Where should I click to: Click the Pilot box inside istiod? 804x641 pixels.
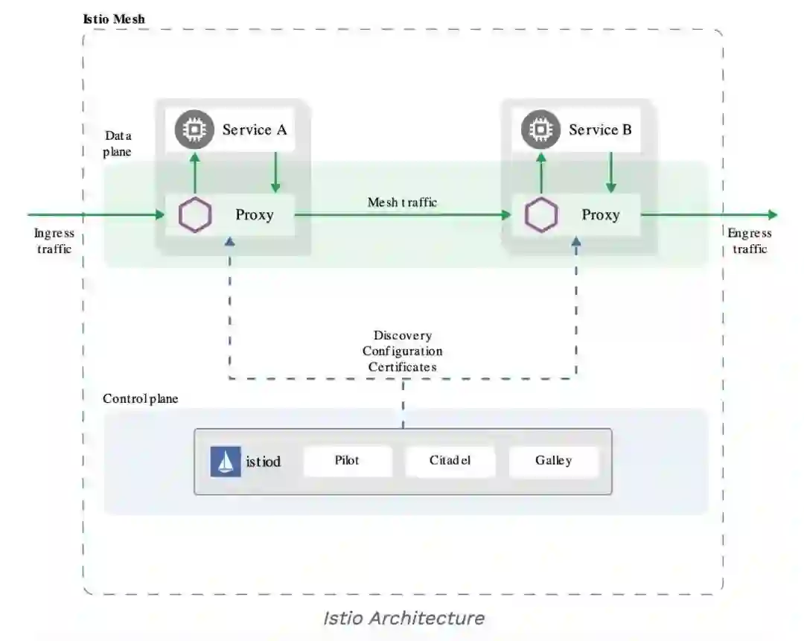point(347,461)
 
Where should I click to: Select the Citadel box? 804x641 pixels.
point(450,461)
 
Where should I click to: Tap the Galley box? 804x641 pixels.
point(553,461)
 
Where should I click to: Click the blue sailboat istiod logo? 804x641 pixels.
point(225,462)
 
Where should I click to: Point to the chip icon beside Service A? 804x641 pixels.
point(194,130)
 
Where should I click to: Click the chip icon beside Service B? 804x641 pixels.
point(540,130)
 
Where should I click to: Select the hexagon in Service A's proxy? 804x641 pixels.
point(195,215)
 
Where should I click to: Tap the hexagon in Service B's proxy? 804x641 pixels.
point(541,215)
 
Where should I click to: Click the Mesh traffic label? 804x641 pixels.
point(402,202)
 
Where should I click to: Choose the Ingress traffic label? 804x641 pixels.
point(54,241)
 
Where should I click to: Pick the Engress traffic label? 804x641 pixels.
point(750,241)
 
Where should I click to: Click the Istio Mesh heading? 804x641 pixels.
point(114,18)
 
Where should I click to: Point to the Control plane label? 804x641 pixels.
point(141,399)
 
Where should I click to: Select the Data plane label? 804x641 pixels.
point(118,144)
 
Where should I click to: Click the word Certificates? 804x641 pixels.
point(402,367)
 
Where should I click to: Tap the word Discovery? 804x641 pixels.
point(402,336)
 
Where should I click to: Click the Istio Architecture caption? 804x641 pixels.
point(403,618)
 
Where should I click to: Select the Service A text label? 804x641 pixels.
point(255,130)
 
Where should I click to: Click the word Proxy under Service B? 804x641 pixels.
point(601,215)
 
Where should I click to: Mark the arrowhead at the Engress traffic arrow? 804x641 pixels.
point(773,215)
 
